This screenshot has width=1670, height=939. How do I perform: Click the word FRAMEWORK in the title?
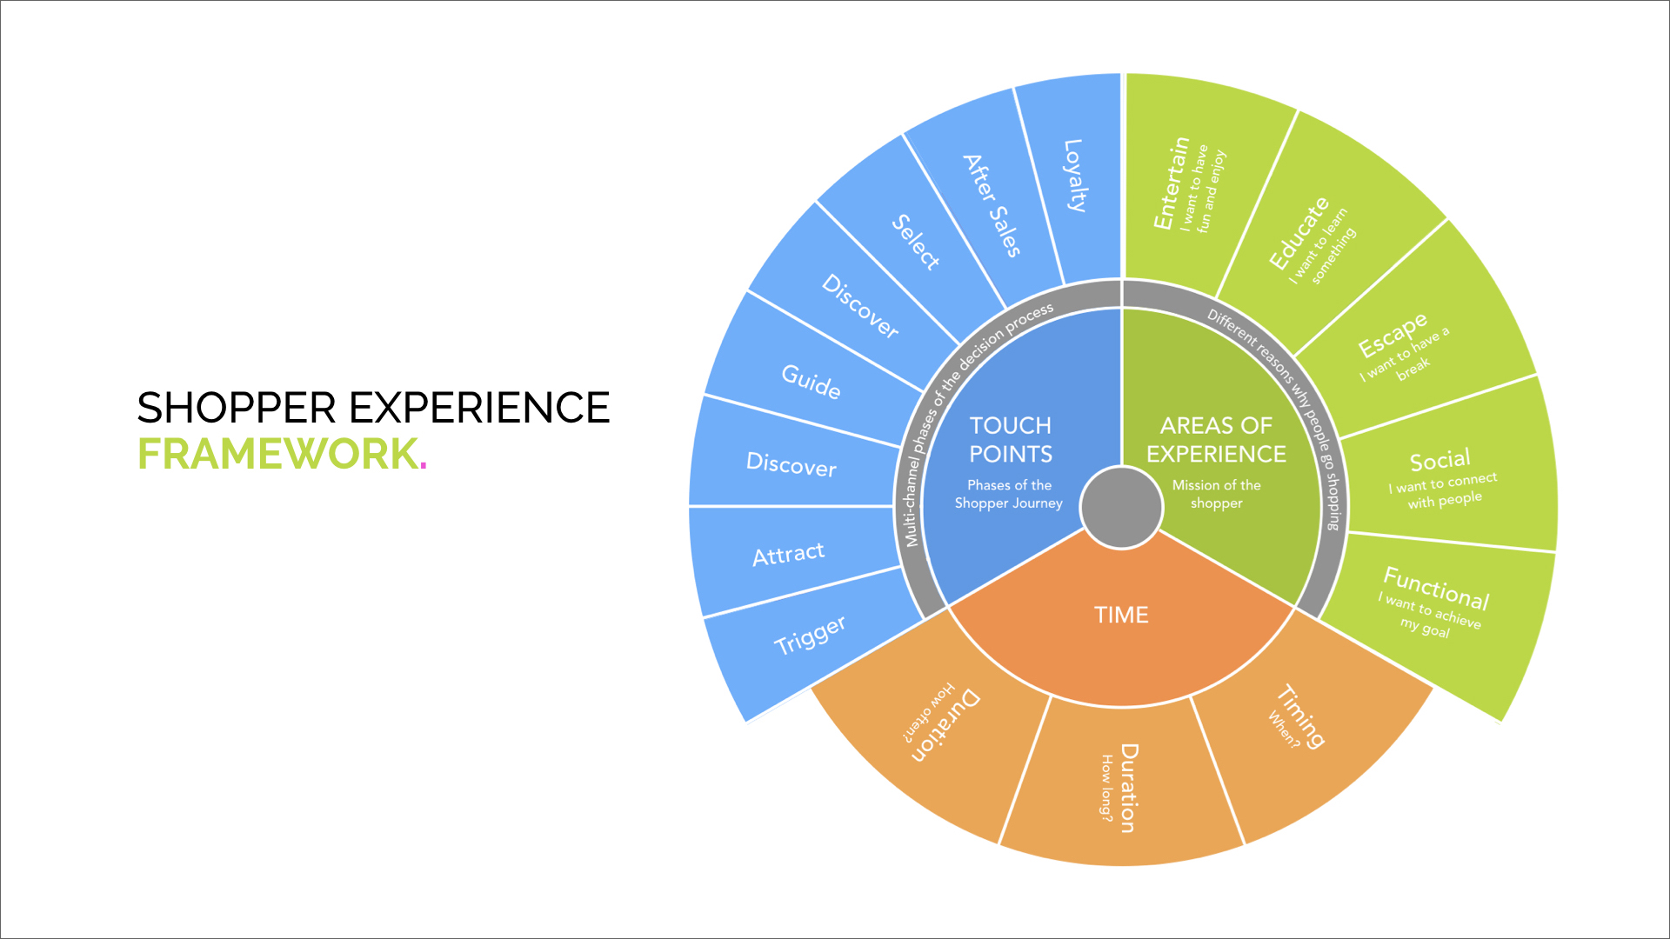pos(278,454)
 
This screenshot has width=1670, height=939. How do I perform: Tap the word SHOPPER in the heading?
pos(237,408)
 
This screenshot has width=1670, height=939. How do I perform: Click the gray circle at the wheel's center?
pos(1121,508)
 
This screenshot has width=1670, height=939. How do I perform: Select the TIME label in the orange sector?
pos(1121,615)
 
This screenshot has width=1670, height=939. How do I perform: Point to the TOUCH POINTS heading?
pos(1011,440)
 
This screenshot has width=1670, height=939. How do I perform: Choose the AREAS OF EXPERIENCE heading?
pos(1216,440)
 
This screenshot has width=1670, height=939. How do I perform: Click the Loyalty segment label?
pos(1075,176)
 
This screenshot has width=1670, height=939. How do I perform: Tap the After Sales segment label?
pos(992,205)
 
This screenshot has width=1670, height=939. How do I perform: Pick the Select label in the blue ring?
pos(916,242)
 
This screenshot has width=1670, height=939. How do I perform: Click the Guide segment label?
pos(811,381)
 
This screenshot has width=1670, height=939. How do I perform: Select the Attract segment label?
pos(788,554)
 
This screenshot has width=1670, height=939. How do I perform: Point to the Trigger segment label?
pos(810,635)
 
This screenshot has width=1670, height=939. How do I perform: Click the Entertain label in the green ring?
pos(1171,183)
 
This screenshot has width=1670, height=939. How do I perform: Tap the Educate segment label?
pos(1299,233)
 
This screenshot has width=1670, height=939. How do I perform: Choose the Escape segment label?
pos(1393,335)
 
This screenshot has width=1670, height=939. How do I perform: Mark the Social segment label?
pos(1440,460)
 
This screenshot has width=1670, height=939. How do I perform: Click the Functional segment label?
pos(1436,589)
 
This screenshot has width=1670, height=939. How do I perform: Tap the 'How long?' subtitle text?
pos(1106,787)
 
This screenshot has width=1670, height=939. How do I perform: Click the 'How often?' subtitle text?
pos(928,712)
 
